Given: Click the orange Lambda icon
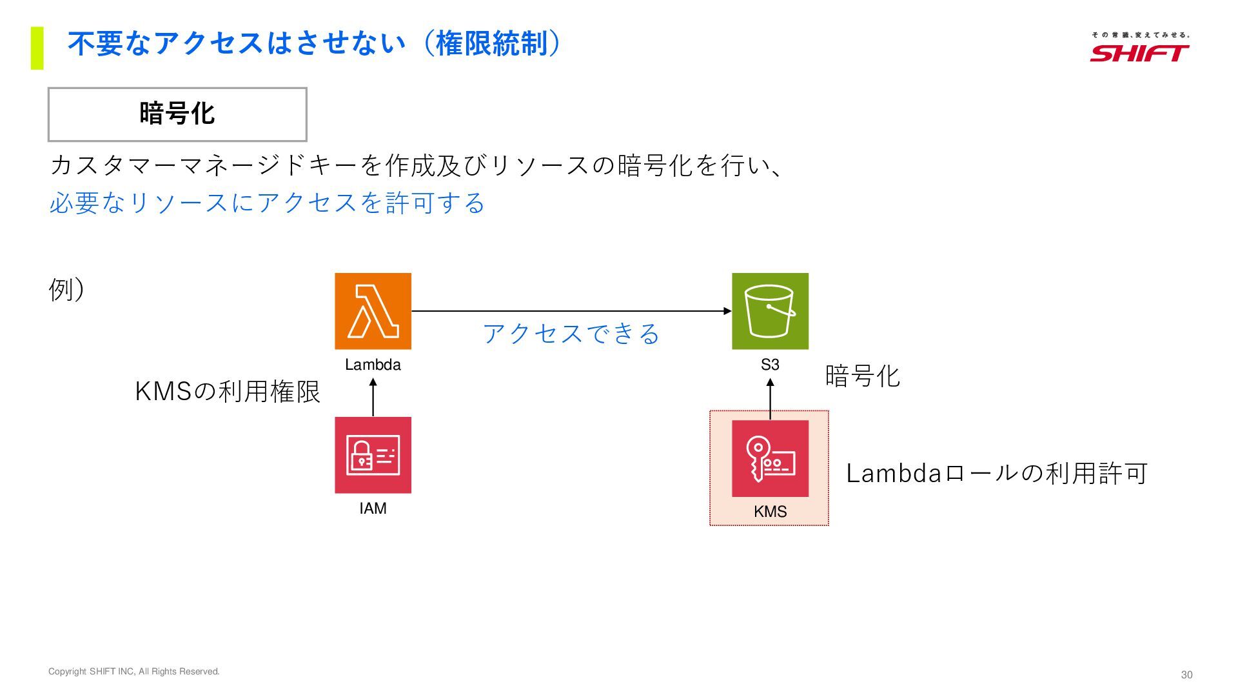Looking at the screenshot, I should click(x=373, y=311).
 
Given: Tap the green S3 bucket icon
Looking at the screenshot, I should click(x=770, y=311).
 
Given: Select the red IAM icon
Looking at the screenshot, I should click(x=373, y=455).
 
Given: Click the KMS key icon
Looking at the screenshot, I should click(x=770, y=458).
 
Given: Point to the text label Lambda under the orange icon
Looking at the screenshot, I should click(x=373, y=365).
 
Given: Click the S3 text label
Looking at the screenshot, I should click(x=770, y=365).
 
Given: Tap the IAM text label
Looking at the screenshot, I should click(x=373, y=509).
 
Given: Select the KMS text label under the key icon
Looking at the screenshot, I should click(x=770, y=512).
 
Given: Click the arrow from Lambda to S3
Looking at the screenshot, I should click(x=571, y=311).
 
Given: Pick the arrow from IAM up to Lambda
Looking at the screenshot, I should click(x=373, y=397).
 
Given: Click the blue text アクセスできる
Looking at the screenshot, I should click(x=571, y=334).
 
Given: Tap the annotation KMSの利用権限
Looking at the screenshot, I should click(x=228, y=392).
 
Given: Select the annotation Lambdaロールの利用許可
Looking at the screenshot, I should click(x=996, y=474).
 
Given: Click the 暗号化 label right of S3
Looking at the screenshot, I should click(x=862, y=376).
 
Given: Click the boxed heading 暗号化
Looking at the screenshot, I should click(x=177, y=114).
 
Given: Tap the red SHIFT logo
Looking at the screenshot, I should click(x=1139, y=52).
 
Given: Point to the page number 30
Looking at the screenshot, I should click(x=1186, y=674).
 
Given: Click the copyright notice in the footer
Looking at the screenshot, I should click(x=134, y=672).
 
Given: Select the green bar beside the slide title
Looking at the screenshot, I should click(x=37, y=48).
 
